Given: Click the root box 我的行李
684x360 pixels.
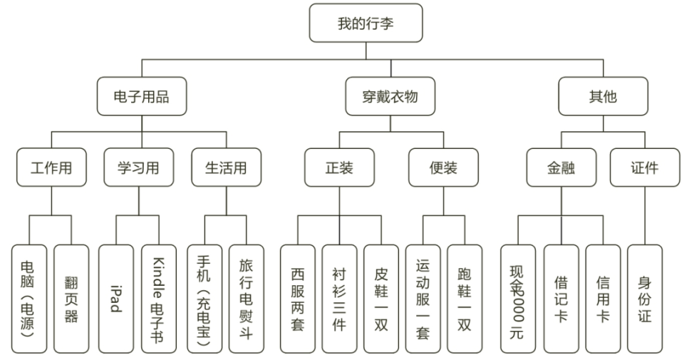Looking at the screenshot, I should (x=366, y=23).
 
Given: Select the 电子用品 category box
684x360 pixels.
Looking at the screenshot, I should (x=142, y=96).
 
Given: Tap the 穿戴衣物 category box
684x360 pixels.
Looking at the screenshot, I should (x=390, y=96).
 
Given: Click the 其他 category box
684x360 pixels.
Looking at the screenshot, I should (x=603, y=96).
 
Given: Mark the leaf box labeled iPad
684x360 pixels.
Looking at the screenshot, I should (x=115, y=299).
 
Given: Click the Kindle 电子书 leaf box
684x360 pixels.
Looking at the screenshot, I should (x=158, y=299).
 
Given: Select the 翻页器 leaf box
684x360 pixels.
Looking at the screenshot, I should (x=71, y=299).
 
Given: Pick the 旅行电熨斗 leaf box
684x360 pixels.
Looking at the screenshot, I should (x=246, y=299).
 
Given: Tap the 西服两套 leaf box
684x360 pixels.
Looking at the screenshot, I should (x=297, y=299).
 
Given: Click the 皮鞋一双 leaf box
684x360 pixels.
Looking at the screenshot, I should (x=381, y=299).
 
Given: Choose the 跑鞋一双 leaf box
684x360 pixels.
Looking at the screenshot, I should (x=465, y=299).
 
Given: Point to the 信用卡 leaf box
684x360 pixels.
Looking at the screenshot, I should (x=603, y=299).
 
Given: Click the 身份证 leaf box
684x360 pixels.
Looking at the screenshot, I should (x=645, y=299).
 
